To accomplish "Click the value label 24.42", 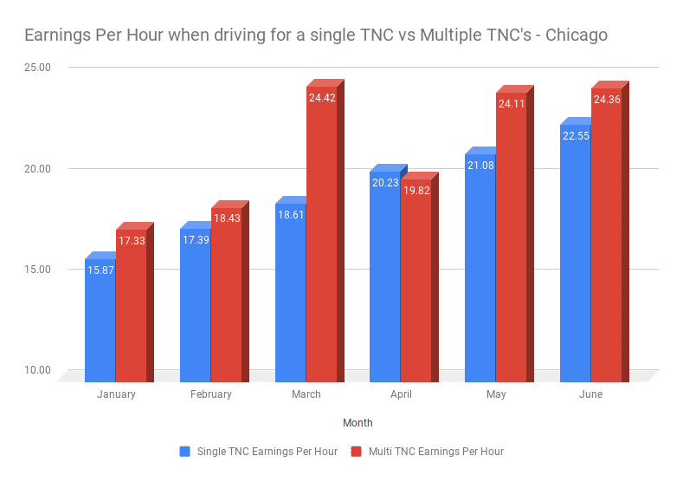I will pyautogui.click(x=322, y=98).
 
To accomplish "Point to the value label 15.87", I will pyautogui.click(x=100, y=270).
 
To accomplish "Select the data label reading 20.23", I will pyautogui.click(x=384, y=183).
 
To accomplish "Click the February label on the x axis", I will pyautogui.click(x=211, y=394).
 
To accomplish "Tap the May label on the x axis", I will pyautogui.click(x=496, y=394).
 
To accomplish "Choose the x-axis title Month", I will pyautogui.click(x=358, y=423).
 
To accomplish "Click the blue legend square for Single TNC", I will pyautogui.click(x=184, y=452).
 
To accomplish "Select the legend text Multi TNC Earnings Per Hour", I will pyautogui.click(x=435, y=452).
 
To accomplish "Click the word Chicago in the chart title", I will pyautogui.click(x=577, y=36).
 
